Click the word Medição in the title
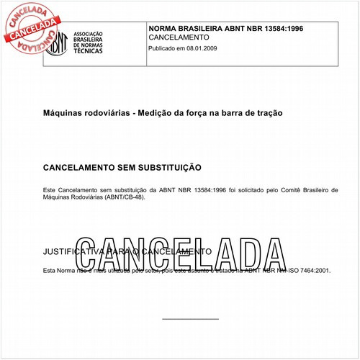coord(154,113)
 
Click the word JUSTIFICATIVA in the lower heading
coord(75,253)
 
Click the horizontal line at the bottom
coord(190,319)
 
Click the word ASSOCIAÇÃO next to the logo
coord(90,34)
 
